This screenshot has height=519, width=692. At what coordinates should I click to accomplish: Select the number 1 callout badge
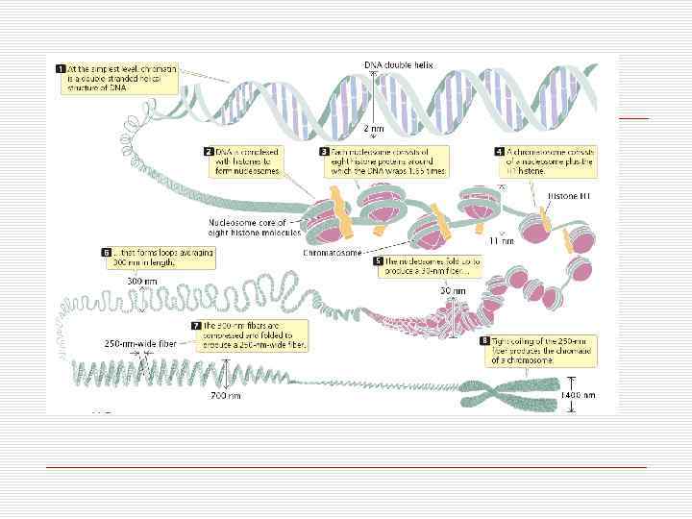point(60,69)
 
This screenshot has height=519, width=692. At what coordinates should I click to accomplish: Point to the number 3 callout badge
point(325,152)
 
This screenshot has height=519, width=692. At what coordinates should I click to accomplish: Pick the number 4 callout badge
point(500,152)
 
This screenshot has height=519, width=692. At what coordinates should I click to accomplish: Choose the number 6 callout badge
point(107,253)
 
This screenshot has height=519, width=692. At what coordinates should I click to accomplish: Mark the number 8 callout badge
point(485,341)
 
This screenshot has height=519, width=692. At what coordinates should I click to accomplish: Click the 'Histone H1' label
point(563,195)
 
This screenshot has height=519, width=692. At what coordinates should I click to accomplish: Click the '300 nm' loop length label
point(140,281)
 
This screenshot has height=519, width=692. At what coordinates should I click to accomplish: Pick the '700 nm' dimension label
point(227,394)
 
